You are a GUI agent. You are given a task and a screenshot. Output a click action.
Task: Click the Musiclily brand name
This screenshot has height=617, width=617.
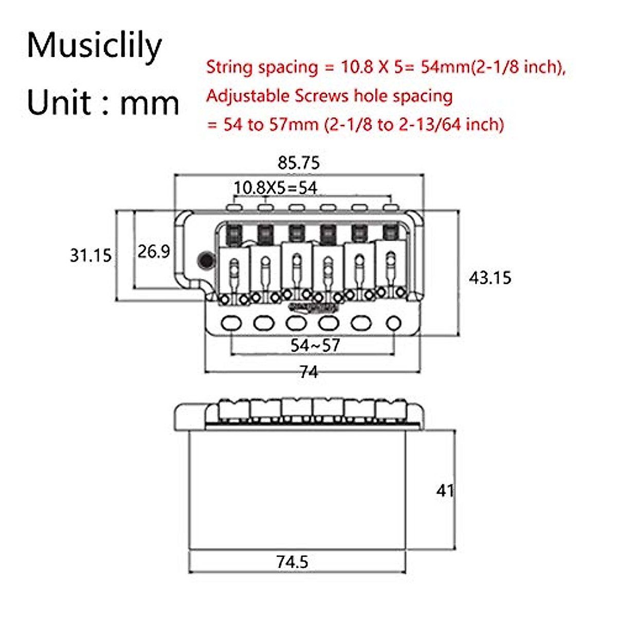[x=94, y=46]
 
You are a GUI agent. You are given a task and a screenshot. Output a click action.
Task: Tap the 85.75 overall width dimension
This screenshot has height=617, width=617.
[x=298, y=163]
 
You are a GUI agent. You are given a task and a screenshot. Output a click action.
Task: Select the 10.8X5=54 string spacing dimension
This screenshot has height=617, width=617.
[x=275, y=188]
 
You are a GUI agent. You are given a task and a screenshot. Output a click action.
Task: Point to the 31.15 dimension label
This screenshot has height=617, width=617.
[x=90, y=255]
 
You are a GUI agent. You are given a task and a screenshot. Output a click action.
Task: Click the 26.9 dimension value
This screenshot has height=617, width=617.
[x=153, y=251]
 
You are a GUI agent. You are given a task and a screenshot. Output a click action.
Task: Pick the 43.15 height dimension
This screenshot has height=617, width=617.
[x=489, y=278]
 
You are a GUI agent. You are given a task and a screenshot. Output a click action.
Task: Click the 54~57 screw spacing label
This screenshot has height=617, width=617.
[x=315, y=345]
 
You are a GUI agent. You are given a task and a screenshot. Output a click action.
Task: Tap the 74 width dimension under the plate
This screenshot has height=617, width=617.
[x=308, y=371]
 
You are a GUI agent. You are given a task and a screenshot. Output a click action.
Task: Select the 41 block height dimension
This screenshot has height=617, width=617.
[x=445, y=491]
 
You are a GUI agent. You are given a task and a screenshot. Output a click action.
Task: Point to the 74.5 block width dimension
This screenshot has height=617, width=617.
[x=292, y=562]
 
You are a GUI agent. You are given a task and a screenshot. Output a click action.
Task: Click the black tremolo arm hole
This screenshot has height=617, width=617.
[x=206, y=260]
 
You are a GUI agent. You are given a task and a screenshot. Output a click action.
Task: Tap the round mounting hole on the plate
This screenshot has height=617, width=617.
[x=393, y=323]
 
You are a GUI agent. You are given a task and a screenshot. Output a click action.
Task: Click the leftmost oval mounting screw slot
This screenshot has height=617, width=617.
[x=231, y=323]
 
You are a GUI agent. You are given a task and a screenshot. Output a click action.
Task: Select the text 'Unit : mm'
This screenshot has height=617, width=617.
[x=103, y=102]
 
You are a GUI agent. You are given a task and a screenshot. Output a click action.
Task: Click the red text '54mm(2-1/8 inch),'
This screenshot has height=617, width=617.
[x=493, y=67]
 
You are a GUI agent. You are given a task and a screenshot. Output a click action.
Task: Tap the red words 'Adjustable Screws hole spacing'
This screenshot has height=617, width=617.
[x=330, y=96]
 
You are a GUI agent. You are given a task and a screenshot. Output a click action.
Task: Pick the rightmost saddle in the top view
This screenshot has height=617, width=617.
[x=391, y=267]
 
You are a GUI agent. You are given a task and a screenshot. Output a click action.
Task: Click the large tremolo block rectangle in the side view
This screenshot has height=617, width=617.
[x=297, y=489]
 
